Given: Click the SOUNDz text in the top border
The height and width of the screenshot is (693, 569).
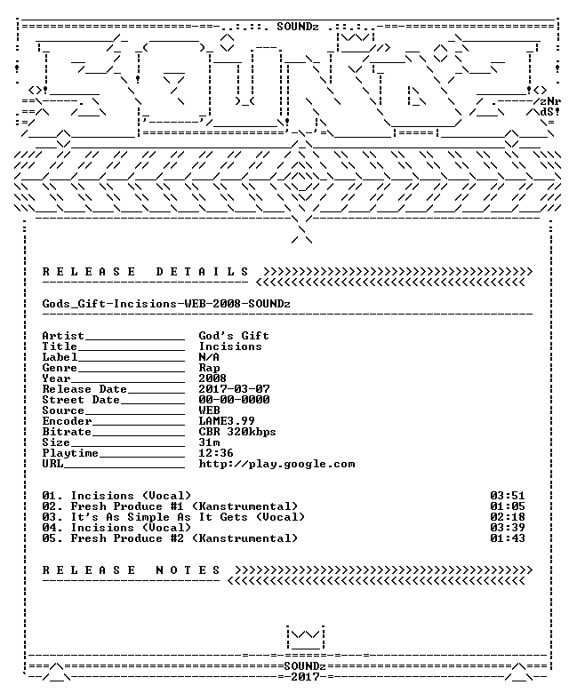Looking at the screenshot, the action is [298, 27].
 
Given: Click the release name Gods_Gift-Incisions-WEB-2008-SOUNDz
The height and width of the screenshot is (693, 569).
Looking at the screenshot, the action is [166, 304].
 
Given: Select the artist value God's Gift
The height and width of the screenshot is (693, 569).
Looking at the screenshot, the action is [234, 336].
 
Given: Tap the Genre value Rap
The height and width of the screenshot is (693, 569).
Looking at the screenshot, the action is [209, 368].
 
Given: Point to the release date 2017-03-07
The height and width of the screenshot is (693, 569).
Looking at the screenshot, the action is [234, 389].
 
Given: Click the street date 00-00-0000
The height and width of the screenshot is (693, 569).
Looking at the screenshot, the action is [234, 400].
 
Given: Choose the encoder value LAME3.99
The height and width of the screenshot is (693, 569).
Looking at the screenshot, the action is [227, 421].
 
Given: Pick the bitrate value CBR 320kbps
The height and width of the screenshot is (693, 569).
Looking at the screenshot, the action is [237, 432].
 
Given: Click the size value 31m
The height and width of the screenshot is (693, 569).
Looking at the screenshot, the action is [209, 442].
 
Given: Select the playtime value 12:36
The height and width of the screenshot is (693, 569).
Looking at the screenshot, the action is [216, 452].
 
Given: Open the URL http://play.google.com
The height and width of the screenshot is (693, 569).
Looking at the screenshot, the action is [276, 464].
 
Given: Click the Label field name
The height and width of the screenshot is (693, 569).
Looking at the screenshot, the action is [60, 356].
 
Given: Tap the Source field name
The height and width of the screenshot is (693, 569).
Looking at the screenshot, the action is [63, 410].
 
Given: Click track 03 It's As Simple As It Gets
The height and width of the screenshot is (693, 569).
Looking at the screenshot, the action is [173, 517].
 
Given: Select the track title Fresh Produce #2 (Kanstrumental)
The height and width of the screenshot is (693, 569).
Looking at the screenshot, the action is [184, 538].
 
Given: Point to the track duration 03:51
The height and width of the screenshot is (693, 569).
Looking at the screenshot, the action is [507, 496].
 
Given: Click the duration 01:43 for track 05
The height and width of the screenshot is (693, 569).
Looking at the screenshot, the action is [507, 538].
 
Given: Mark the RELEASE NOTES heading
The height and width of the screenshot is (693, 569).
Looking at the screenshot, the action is [132, 570].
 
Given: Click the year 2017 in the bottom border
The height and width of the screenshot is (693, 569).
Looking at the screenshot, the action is [305, 677].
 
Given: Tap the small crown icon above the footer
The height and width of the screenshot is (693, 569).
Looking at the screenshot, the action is [305, 638].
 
